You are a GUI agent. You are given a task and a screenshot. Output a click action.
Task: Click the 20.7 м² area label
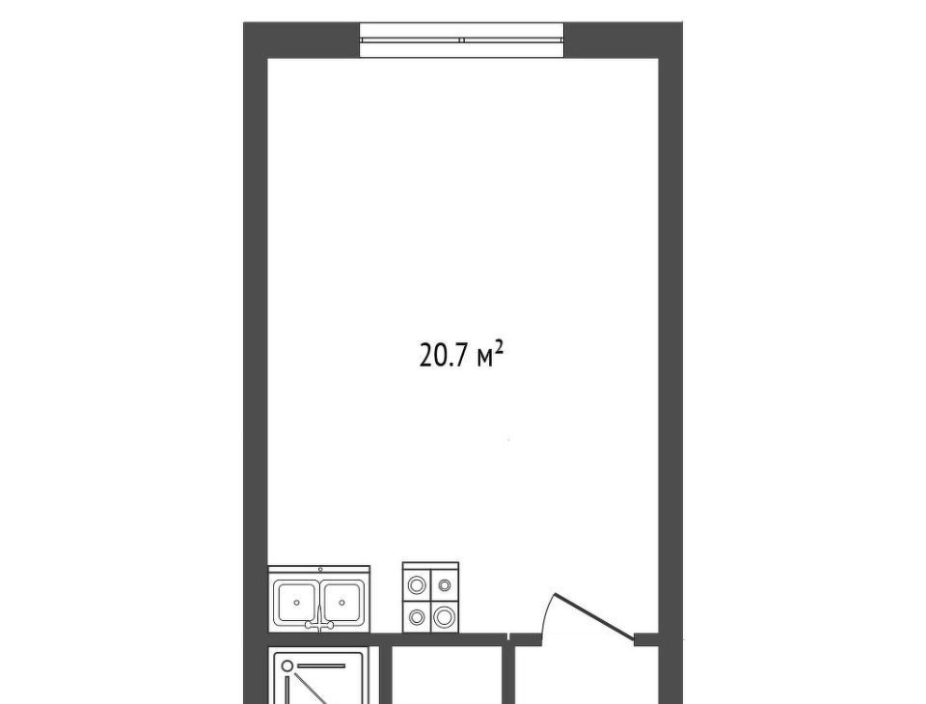tap(461, 356)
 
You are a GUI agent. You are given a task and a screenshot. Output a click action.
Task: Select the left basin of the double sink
tap(296, 602)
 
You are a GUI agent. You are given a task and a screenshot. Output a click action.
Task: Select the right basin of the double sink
tap(342, 602)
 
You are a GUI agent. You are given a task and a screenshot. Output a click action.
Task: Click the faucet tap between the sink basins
tap(319, 620)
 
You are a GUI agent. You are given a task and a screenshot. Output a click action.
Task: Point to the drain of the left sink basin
tap(296, 603)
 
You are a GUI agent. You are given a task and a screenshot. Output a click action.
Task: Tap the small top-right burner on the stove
tap(444, 584)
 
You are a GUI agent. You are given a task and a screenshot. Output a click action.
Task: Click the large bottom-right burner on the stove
tap(443, 617)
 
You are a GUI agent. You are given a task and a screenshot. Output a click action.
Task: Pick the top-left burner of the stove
tap(418, 584)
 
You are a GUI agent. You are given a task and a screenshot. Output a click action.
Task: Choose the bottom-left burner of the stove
tap(418, 617)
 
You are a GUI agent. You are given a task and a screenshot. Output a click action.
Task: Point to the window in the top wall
tap(462, 41)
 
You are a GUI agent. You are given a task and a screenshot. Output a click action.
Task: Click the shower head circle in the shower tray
tap(287, 666)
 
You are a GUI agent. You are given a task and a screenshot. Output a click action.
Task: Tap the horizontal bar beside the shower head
tap(321, 665)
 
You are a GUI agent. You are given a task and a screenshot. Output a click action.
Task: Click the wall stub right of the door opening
tap(646, 638)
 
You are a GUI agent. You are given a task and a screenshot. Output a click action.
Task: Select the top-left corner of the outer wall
tap(244, 23)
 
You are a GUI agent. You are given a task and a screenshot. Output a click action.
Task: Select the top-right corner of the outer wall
tap(683, 23)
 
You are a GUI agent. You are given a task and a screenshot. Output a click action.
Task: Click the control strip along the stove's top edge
tap(430, 565)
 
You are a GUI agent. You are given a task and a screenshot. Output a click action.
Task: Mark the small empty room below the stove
tap(447, 674)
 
